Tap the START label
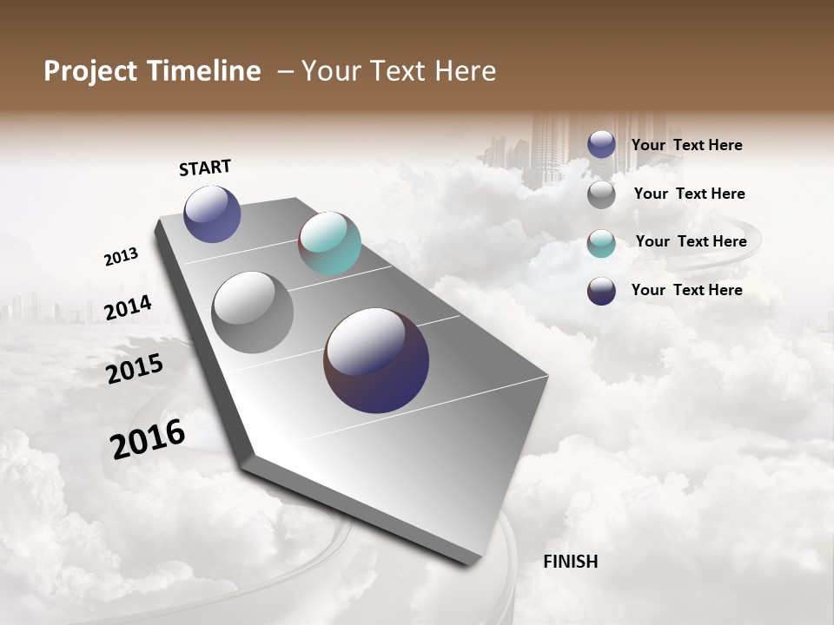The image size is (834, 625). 205,168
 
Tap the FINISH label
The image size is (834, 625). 570,562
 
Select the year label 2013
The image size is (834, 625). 121,257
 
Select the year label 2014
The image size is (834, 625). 128,308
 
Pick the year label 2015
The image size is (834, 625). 135,369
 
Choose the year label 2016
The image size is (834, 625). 148,439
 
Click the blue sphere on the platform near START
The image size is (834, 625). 212,214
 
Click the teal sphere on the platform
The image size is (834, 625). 329,243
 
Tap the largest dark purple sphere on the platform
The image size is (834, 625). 376,360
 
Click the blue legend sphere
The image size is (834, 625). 601,144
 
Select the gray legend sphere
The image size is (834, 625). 601,194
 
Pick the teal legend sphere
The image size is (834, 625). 601,243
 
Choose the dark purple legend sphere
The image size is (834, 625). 601,291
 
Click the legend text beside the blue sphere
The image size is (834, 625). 686,145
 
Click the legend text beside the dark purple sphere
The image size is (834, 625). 686,290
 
